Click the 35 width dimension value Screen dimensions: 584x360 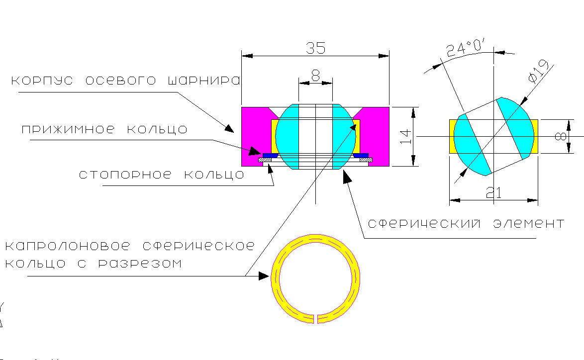point(315,48)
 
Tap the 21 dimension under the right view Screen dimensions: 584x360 point(493,192)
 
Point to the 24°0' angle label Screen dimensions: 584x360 point(465,47)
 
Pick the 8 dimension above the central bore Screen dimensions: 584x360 point(315,76)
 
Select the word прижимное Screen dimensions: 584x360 point(68,129)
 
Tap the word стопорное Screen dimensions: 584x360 point(125,174)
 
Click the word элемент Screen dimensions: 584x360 point(529,223)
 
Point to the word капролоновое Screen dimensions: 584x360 point(68,246)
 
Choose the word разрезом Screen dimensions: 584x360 point(140,264)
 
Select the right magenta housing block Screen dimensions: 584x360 point(375,136)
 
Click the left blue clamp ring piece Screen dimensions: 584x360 point(270,155)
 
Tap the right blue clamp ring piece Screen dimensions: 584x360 point(361,155)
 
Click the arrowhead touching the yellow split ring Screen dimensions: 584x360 point(264,276)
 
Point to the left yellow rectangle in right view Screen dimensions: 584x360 point(453,136)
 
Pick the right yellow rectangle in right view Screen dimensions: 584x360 point(535,136)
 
